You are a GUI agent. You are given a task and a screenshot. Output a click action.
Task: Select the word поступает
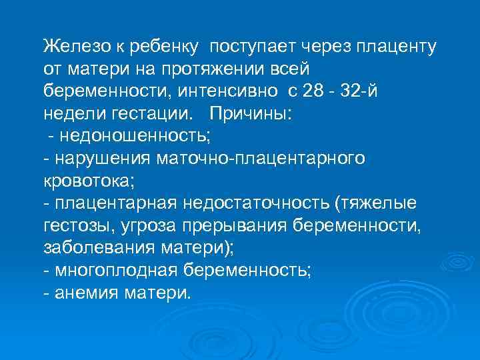point(254,47)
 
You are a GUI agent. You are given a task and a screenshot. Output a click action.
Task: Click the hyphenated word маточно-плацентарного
point(260,158)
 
